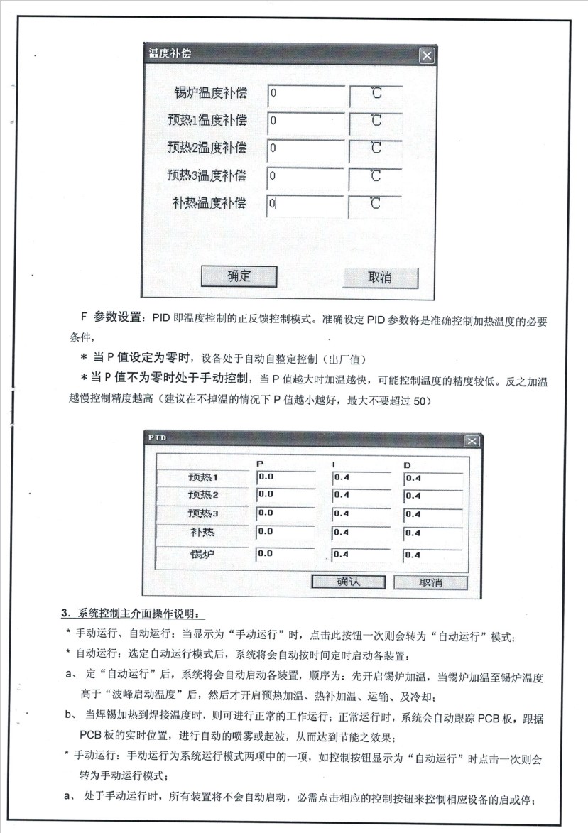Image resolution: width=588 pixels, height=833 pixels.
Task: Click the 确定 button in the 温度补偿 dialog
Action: (238, 276)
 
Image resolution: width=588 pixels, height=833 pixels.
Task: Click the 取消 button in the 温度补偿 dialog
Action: (380, 277)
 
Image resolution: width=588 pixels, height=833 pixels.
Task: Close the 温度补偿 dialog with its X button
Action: (425, 55)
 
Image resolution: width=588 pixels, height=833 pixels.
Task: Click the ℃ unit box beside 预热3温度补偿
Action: (376, 175)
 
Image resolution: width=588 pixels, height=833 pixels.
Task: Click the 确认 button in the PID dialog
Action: (349, 582)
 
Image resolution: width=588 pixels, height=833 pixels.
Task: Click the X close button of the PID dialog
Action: (472, 441)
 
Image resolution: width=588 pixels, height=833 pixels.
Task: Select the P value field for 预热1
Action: (285, 477)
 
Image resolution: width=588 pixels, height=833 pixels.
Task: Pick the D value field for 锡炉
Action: (433, 555)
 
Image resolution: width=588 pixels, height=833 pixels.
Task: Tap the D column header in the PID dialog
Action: (408, 465)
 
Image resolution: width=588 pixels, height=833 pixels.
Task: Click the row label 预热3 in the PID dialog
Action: (203, 513)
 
